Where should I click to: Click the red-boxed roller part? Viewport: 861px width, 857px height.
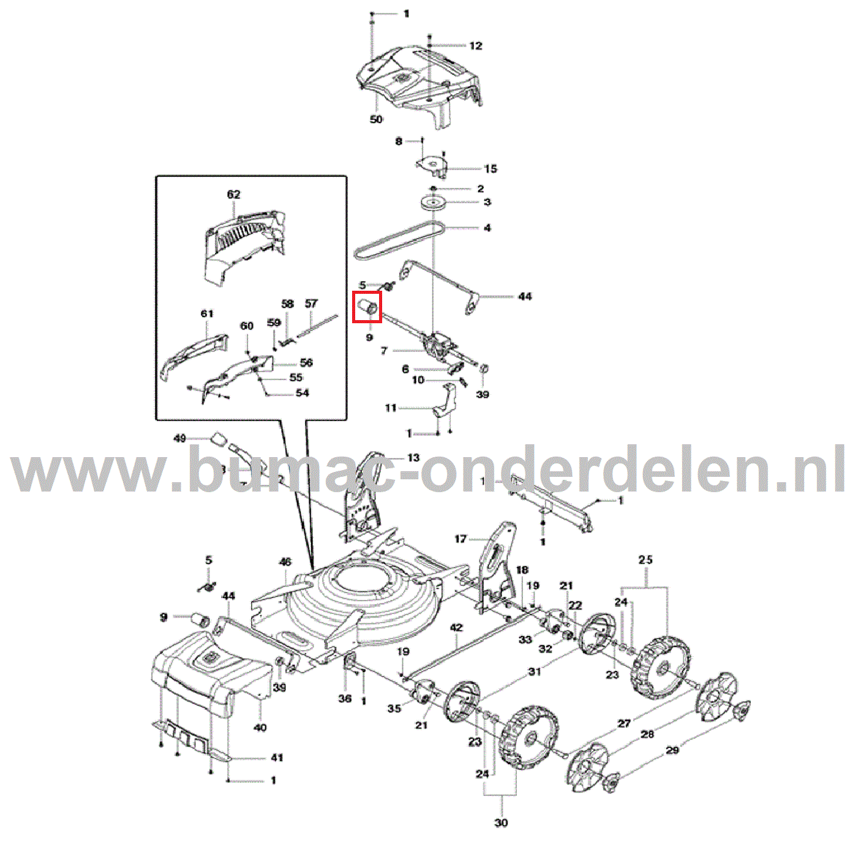pos(367,307)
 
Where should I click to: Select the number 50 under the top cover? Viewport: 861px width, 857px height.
pos(376,119)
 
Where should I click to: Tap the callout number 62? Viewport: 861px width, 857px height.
pos(233,195)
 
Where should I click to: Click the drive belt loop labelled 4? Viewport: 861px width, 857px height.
pos(398,239)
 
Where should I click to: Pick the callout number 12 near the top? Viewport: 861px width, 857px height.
pos(476,46)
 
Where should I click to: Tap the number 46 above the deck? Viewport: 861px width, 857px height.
pos(285,562)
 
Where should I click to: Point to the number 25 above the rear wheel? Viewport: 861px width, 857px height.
pos(645,560)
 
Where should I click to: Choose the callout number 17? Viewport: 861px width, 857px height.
pos(461,539)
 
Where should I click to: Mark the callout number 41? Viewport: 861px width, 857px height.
pos(277,758)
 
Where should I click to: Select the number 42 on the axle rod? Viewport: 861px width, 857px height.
pos(456,628)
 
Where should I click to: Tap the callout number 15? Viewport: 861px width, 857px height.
pos(491,169)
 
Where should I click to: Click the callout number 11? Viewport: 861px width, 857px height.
pos(391,408)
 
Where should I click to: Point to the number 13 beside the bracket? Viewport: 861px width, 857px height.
pos(413,458)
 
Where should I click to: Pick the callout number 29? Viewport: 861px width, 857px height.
pos(672,750)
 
